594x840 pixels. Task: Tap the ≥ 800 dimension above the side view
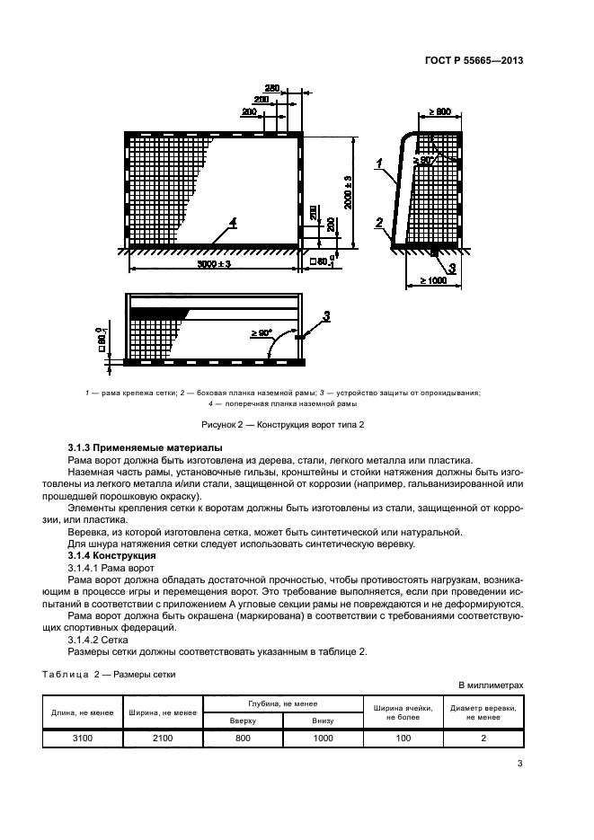(439, 111)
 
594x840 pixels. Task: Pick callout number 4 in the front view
(232, 222)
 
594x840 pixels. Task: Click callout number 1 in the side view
(381, 163)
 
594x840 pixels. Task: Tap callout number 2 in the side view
(380, 223)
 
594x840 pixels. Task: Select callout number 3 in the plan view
(326, 314)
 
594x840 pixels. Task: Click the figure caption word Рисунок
(220, 423)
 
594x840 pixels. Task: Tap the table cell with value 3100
(83, 738)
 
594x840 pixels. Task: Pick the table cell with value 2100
(167, 738)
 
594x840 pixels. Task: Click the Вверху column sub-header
(243, 720)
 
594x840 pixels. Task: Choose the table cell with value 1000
(322, 738)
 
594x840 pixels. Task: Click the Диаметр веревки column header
(483, 712)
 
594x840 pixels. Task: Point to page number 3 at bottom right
(520, 765)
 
